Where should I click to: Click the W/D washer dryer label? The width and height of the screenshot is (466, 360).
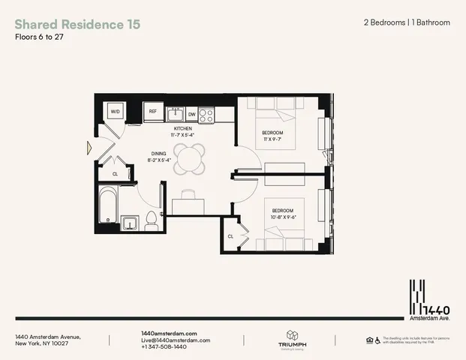[x=116, y=112]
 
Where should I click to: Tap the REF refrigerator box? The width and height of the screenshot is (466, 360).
[x=152, y=112]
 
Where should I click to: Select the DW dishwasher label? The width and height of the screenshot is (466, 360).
[x=192, y=114]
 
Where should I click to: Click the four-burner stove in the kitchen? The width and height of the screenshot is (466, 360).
[x=206, y=115]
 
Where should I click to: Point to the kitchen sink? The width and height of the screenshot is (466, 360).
[x=176, y=115]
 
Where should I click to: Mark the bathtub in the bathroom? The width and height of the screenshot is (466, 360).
[x=105, y=206]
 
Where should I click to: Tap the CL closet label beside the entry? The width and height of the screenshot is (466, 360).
[x=115, y=173]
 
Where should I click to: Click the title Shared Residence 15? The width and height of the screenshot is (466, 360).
[x=77, y=24]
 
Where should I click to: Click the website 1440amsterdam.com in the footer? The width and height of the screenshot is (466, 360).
[x=169, y=333]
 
